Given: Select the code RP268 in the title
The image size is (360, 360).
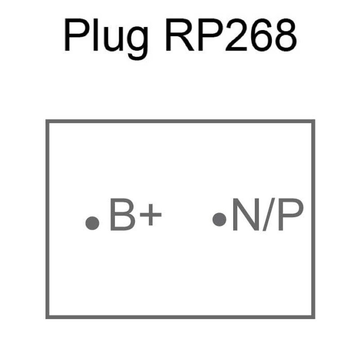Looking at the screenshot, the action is (x=231, y=35).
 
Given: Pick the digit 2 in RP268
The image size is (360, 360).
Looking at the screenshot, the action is (x=237, y=35).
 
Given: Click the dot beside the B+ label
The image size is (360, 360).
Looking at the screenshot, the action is (x=92, y=223).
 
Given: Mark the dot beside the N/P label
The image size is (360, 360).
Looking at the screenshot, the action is (x=220, y=219).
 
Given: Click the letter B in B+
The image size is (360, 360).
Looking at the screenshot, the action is (x=123, y=214).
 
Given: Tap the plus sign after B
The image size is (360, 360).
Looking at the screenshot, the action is (x=151, y=215).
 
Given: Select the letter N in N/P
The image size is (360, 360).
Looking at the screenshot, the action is (x=246, y=214).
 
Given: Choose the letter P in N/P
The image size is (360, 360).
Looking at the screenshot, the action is (x=291, y=214).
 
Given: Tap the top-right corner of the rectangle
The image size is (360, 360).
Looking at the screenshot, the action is (x=313, y=121).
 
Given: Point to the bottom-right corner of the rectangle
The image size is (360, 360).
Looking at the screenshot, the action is (x=313, y=317).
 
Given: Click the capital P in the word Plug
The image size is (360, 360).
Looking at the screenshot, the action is (x=77, y=35).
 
